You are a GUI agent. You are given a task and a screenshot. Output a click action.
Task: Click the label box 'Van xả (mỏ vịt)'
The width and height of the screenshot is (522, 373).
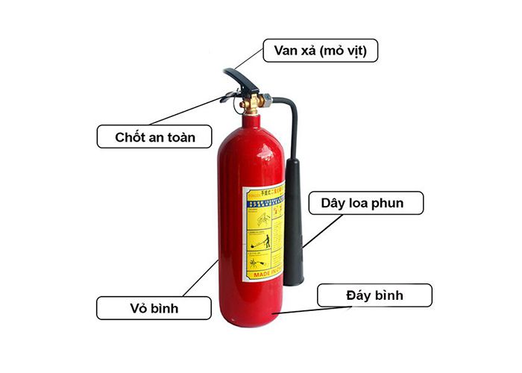tap(321, 51)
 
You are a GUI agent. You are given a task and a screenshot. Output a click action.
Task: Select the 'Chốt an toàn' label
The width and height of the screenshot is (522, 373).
tap(154, 137)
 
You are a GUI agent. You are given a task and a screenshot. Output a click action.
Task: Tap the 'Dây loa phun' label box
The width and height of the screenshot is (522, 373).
tap(366, 203)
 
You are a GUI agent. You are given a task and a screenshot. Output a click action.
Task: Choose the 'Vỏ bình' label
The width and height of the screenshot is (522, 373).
tap(154, 307)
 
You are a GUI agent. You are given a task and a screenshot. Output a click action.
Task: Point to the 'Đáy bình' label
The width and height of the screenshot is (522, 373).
tap(374, 295)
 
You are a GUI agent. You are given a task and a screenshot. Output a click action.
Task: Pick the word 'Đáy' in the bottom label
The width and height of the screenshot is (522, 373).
tap(353, 295)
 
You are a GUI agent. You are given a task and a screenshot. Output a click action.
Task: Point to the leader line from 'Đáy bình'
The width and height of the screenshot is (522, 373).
tap(298, 310)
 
